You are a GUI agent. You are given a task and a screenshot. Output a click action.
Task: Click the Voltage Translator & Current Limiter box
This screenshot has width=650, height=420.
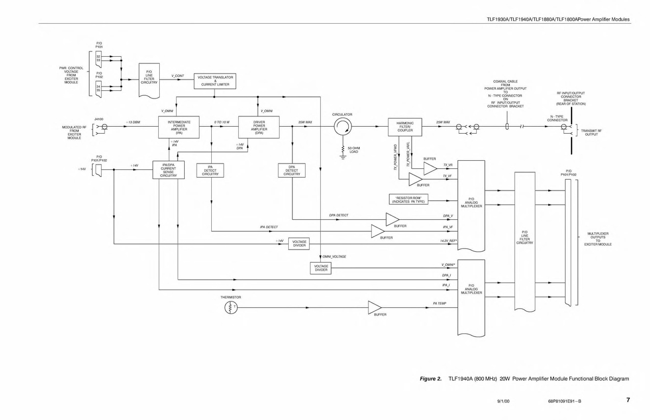coord(216,81)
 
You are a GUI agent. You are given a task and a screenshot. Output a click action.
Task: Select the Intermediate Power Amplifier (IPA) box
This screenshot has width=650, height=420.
coord(179,127)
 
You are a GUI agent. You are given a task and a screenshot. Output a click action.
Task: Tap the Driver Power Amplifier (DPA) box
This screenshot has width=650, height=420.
coord(258,127)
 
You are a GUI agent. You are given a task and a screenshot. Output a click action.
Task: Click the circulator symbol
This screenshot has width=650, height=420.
coord(342,127)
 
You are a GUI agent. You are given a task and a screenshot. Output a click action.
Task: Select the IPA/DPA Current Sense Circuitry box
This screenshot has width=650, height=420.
coord(168,170)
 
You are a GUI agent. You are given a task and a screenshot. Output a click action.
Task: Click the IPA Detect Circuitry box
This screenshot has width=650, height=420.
coord(210,171)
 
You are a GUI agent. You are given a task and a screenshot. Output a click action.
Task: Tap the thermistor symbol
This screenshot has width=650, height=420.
coord(231,308)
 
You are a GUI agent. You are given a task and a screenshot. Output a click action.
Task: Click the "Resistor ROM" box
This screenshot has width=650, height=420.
coord(408,199)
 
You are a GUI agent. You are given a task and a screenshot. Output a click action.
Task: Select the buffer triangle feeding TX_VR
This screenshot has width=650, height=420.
coord(430,168)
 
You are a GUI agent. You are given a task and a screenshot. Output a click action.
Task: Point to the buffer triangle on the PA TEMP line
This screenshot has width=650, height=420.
coord(375,308)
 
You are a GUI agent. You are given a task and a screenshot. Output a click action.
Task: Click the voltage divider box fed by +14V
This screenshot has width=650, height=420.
coord(299,244)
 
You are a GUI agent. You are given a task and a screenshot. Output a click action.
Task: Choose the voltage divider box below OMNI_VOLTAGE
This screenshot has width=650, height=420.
coord(321,268)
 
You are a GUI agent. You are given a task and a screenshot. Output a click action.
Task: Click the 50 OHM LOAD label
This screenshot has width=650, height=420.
coord(353,150)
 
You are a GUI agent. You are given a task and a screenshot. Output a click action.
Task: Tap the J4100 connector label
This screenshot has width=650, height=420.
coord(99,118)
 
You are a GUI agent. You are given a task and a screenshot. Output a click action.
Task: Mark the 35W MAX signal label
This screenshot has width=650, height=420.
coord(305,122)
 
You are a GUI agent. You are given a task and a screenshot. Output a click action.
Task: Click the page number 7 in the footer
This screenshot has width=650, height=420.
coord(628,401)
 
